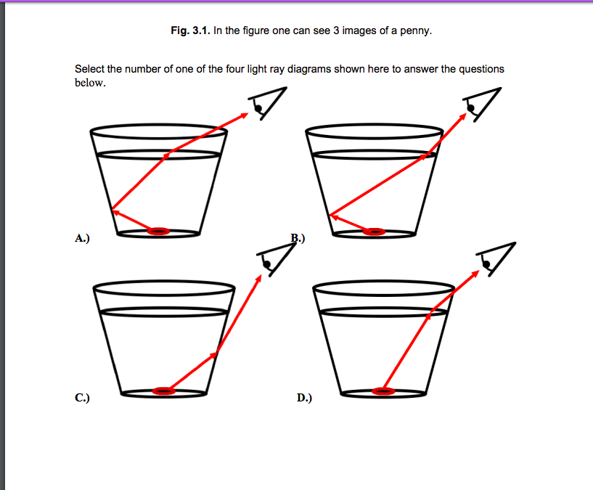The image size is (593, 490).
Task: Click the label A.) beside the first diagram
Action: click(81, 237)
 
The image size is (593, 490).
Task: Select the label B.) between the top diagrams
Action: click(298, 237)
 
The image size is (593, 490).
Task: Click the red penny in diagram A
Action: click(158, 232)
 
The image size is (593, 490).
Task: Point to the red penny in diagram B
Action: click(375, 232)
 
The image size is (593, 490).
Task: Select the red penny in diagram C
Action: click(163, 391)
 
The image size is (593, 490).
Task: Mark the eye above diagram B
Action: click(481, 103)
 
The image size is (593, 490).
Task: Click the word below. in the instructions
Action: click(90, 83)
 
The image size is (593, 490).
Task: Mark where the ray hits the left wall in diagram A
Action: click(112, 211)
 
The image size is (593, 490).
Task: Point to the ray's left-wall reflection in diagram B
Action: click(330, 215)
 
